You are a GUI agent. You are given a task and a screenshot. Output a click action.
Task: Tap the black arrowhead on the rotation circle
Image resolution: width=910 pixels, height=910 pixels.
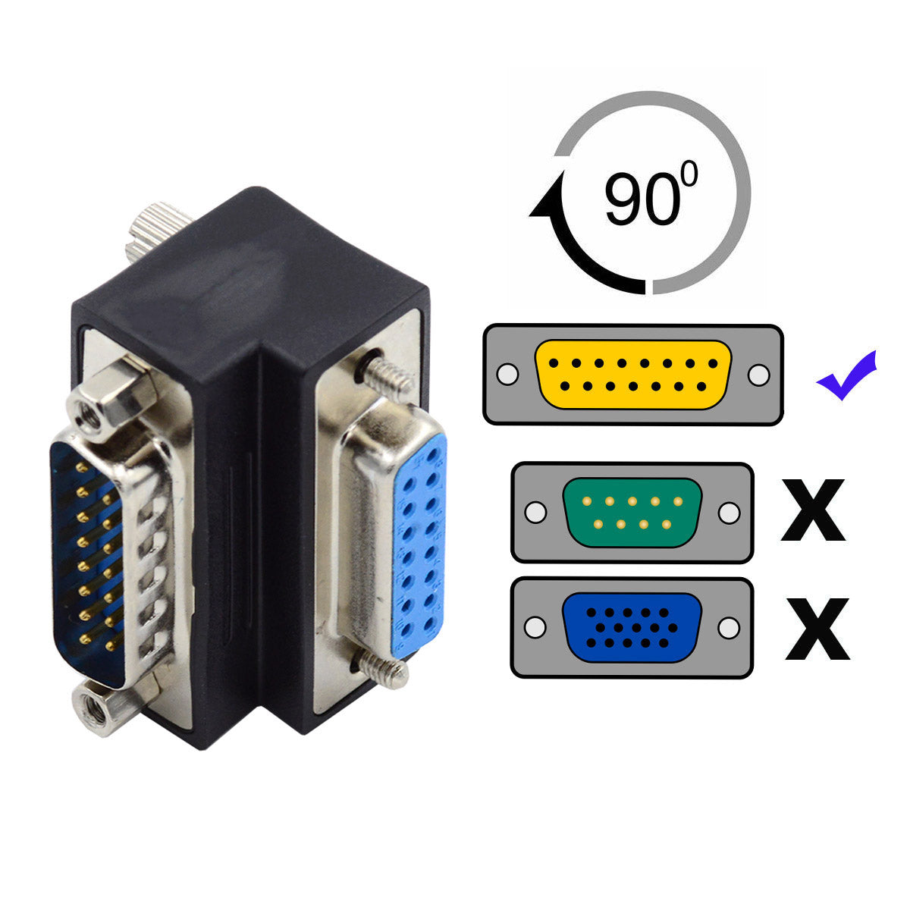point(547,201)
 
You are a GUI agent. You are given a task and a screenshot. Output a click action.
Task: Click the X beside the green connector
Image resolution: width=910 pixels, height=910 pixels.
point(813,510)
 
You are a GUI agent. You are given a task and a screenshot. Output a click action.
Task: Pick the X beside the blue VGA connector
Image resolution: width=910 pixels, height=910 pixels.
point(817,629)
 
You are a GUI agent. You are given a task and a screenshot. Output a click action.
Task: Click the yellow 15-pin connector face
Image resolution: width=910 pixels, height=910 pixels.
point(632,375)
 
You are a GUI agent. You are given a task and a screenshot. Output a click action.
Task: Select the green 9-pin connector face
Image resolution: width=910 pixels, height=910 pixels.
point(632,513)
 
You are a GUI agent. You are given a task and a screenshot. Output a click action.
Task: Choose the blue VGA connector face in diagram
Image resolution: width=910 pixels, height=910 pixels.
point(632,628)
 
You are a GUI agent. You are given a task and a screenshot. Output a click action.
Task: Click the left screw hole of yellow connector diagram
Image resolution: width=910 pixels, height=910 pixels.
point(507,375)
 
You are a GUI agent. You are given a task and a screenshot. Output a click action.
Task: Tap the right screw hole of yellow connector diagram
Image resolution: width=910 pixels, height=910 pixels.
point(758,375)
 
